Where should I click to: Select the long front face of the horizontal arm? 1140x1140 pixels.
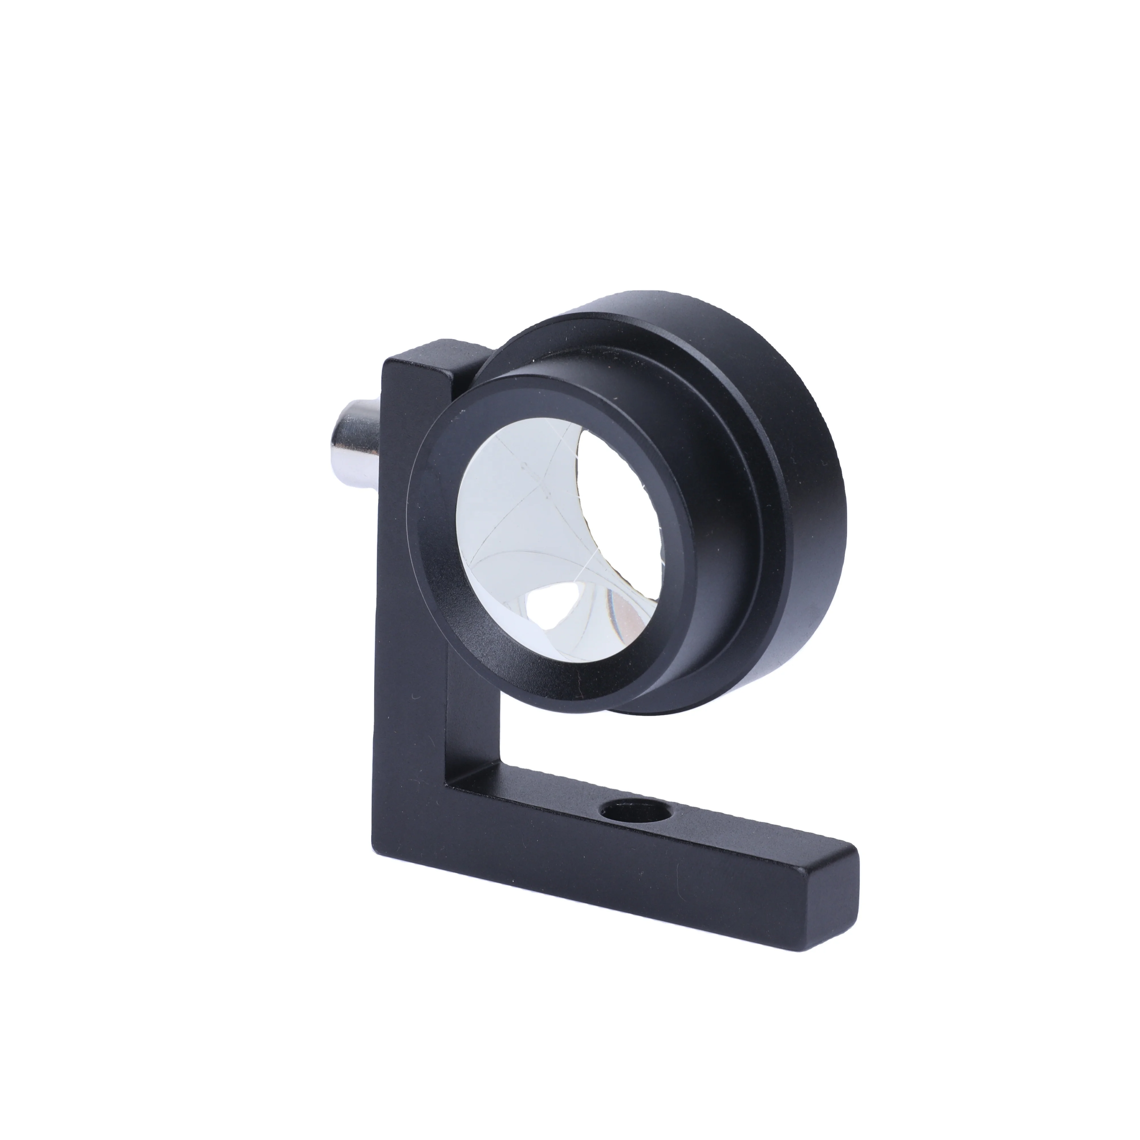coord(590,873)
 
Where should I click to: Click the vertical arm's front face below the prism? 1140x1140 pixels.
coord(407,738)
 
